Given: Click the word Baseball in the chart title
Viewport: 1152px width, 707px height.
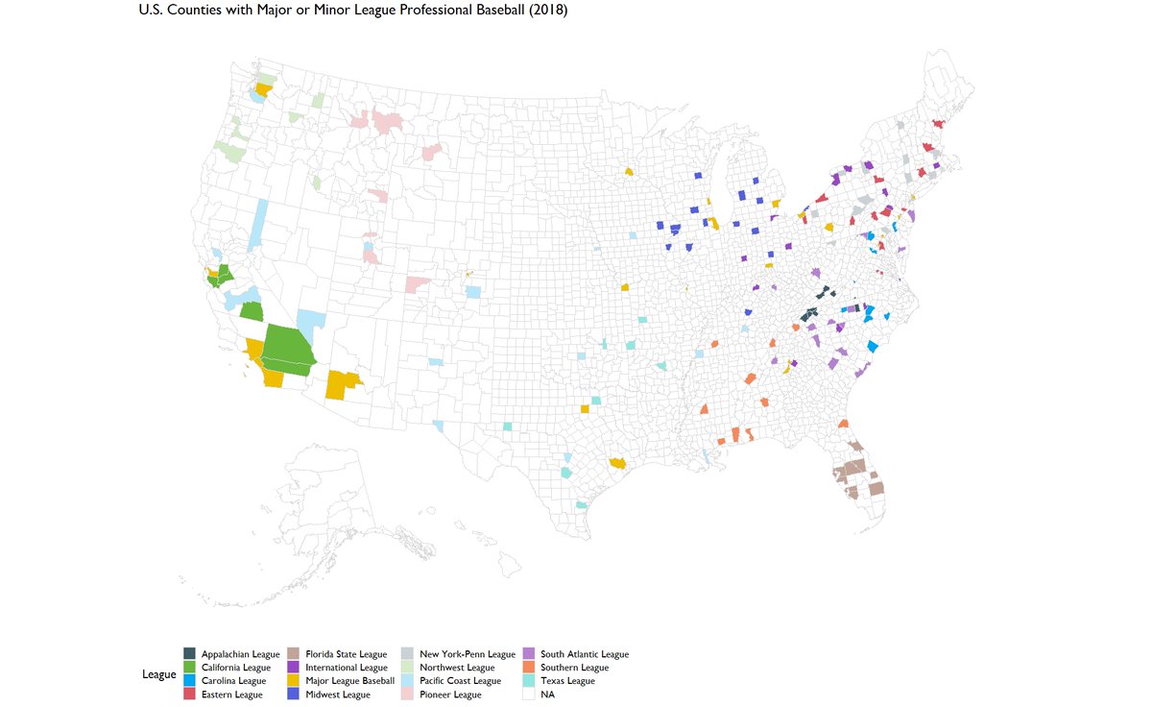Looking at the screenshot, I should point(497,10).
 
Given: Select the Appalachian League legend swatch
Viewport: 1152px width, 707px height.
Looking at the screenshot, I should point(190,654).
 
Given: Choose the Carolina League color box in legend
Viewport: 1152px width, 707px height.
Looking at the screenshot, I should point(190,681).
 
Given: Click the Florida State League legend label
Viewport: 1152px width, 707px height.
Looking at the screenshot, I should point(348,654).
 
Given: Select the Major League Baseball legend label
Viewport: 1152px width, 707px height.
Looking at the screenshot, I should point(351,681).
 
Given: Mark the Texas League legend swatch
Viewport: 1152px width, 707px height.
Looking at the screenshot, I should point(528,681).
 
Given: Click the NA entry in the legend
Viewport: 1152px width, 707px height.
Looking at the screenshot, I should point(547,695).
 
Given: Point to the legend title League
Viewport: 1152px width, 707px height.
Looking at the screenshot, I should point(158,674).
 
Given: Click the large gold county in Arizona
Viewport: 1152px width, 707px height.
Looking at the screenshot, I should point(341,384).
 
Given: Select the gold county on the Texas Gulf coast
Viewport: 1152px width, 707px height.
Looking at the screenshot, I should point(617,463).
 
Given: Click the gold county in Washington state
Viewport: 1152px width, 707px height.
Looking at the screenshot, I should point(263,88).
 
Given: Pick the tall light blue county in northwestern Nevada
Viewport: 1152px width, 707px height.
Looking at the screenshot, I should point(259,224).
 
